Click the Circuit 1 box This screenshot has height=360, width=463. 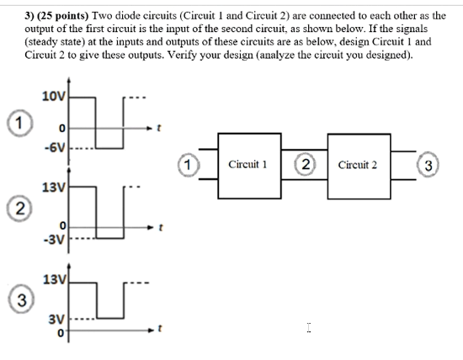(x=247, y=165)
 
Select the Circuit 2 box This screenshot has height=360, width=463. (x=356, y=165)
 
